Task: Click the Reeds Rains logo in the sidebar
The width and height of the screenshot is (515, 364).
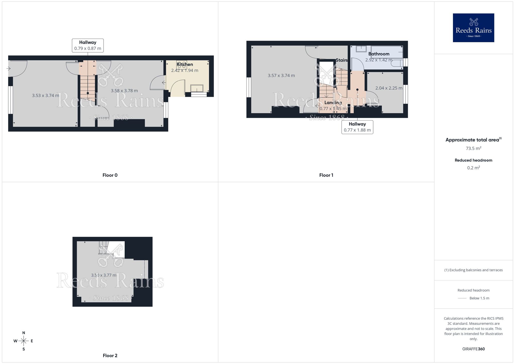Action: (x=473, y=28)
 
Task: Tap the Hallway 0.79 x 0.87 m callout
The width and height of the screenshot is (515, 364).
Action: (x=88, y=46)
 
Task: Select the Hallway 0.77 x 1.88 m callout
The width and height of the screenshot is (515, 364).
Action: (x=357, y=127)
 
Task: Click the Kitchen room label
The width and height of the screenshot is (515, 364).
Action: (x=185, y=64)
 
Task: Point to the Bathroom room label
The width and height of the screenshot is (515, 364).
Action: (x=379, y=54)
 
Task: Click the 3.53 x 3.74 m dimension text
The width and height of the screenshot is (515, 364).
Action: (x=46, y=96)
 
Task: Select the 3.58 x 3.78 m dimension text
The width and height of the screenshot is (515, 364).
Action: (x=124, y=91)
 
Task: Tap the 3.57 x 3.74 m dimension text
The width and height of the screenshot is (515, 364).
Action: (x=281, y=76)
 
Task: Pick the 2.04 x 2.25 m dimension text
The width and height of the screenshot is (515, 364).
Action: (x=389, y=88)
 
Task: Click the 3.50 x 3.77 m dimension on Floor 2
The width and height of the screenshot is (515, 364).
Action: (x=104, y=275)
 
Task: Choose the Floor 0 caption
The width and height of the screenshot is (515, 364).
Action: (x=110, y=175)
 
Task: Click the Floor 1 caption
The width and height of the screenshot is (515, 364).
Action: (x=326, y=175)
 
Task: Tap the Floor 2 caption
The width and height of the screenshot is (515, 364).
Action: (x=110, y=356)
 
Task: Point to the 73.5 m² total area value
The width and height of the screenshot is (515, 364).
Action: (x=473, y=148)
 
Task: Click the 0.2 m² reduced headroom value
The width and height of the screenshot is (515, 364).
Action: (x=473, y=168)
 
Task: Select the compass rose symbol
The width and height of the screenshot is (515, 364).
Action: (x=24, y=341)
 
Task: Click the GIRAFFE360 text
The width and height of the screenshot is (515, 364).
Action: (x=473, y=349)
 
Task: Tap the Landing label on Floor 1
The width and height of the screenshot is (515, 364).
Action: (x=333, y=103)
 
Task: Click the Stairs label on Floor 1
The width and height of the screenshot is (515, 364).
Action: (x=341, y=60)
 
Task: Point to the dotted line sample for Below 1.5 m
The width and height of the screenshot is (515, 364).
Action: (x=462, y=298)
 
